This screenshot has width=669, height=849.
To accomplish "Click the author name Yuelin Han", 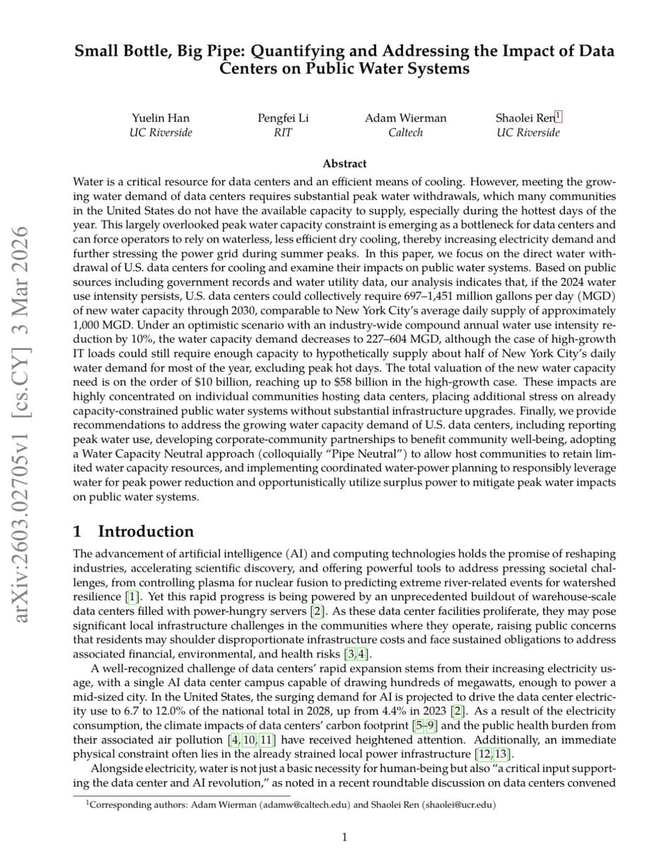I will click(161, 118).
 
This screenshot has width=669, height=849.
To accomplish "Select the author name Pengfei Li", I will click(282, 118).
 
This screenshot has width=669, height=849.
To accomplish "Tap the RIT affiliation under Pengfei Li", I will click(282, 132).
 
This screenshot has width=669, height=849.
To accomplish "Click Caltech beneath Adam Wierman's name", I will click(405, 132).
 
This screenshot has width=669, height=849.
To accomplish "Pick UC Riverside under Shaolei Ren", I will click(528, 132).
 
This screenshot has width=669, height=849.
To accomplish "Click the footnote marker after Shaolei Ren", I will click(559, 115).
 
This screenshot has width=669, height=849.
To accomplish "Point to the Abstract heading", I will click(344, 163).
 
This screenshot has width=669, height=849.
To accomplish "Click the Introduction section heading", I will click(145, 532).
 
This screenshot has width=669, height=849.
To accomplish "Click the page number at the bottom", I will click(344, 838).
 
